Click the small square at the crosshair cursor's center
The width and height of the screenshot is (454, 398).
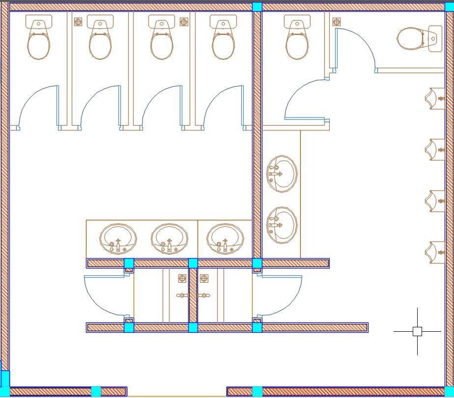tap(417, 331)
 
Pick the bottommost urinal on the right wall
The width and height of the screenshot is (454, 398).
tap(435, 252)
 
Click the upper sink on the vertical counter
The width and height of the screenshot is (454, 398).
tap(282, 173)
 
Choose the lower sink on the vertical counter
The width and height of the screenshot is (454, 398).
tap(282, 225)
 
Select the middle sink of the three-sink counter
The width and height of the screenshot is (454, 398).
tap(169, 238)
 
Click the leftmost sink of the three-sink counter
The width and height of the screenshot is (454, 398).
tap(118, 238)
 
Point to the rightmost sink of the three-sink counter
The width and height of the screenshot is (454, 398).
tap(225, 238)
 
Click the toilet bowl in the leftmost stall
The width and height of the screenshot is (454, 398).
tap(38, 45)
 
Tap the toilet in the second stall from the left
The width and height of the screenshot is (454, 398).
tap(100, 45)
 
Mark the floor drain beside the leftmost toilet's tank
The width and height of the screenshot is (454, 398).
tap(78, 22)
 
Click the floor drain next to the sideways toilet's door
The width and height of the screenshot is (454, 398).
tap(337, 22)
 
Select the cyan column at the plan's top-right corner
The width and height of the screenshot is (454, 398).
tap(450, 6)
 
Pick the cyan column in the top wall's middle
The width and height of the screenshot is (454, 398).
tap(257, 6)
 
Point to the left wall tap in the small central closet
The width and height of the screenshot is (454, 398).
tap(182, 295)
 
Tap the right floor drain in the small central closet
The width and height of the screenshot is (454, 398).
tap(204, 279)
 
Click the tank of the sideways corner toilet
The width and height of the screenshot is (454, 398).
tap(435, 38)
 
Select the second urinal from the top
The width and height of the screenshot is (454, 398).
tap(435, 149)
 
